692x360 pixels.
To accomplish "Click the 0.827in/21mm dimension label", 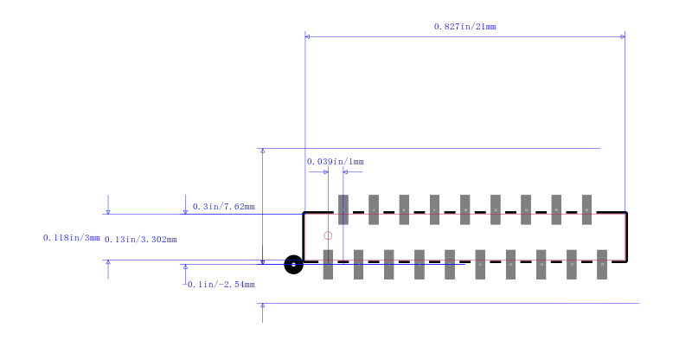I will [x=465, y=27].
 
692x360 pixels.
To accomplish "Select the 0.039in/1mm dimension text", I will [x=335, y=162].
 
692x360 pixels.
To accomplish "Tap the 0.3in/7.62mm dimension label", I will [x=223, y=207].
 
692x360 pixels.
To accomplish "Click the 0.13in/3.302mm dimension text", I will [x=140, y=240].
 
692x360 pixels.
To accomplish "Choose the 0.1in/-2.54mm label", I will [x=221, y=285].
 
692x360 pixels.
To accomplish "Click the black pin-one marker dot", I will [x=293, y=264].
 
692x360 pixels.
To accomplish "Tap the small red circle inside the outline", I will [x=328, y=235].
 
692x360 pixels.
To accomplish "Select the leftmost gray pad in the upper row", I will [x=343, y=209].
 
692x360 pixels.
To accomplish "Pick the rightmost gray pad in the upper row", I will [x=586, y=209].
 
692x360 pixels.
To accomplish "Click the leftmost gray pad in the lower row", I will [x=328, y=264].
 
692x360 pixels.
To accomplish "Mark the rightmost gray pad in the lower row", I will [x=602, y=264].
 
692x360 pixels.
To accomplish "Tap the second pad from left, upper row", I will [x=374, y=209].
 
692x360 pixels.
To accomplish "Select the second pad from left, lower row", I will [x=358, y=264].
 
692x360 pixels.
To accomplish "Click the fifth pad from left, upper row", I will [x=465, y=209].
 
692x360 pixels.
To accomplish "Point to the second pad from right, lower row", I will [x=572, y=264].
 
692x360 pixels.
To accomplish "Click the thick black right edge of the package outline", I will [x=625, y=236].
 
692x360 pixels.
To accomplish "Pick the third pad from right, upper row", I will [x=526, y=209].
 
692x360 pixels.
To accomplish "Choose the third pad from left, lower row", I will [x=389, y=264].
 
